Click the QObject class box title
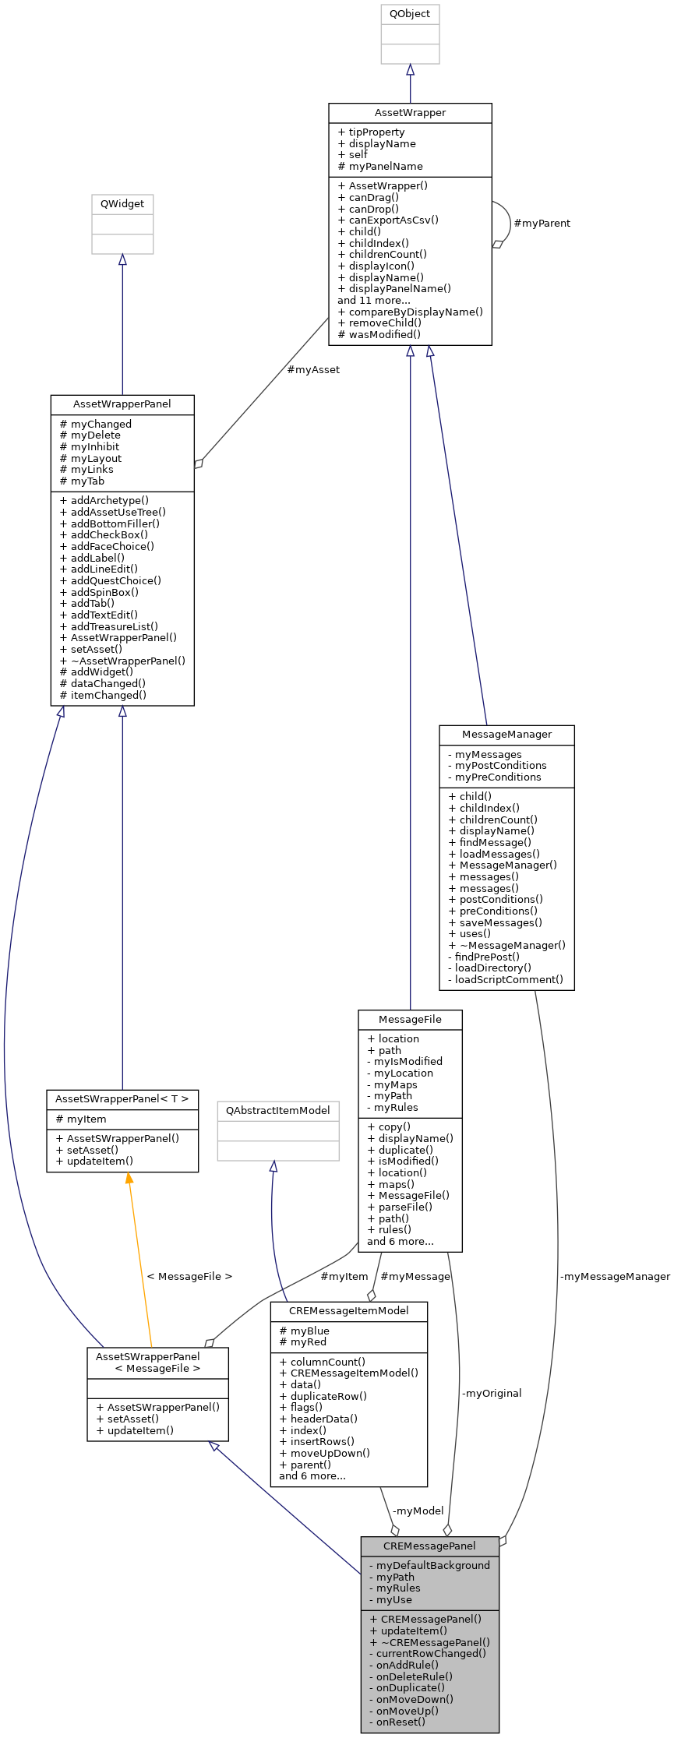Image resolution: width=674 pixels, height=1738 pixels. click(x=410, y=14)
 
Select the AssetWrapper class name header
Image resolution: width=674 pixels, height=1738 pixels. click(x=410, y=113)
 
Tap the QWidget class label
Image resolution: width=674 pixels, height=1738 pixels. click(x=122, y=204)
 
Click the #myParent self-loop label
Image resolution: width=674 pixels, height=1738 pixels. click(x=542, y=224)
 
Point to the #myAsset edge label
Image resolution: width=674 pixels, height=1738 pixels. click(x=313, y=370)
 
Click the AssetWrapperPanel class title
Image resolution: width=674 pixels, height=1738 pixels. click(x=122, y=404)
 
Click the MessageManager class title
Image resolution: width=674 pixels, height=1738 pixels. click(x=506, y=735)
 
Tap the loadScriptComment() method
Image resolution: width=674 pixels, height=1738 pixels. click(x=508, y=980)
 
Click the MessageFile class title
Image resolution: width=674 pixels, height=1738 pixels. click(x=410, y=1020)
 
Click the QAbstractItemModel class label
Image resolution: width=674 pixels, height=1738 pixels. click(x=278, y=1111)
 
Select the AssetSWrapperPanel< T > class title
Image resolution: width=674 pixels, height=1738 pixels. click(x=122, y=1099)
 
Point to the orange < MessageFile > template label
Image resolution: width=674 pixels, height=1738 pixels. click(x=189, y=1276)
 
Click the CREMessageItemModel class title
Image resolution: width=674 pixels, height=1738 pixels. click(x=348, y=1310)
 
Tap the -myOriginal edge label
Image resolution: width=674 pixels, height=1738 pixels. click(x=491, y=1393)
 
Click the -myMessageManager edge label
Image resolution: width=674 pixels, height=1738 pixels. click(x=615, y=1276)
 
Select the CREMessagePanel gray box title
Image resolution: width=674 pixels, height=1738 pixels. click(x=429, y=1546)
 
